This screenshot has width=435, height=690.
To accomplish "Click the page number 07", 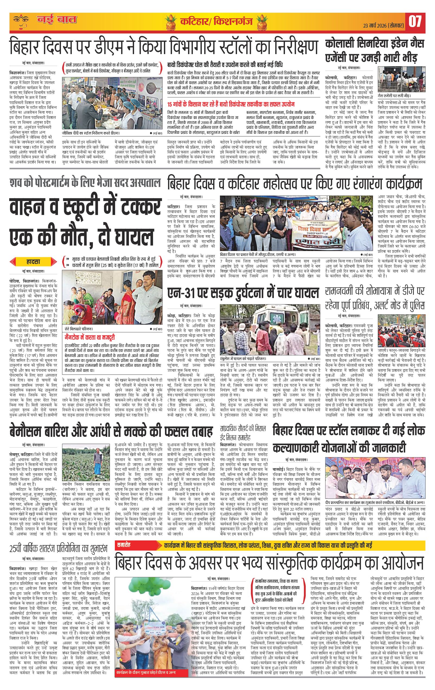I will click(415, 22).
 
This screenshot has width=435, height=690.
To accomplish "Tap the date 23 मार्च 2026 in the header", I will click(381, 25).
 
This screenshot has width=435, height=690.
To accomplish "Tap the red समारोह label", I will click(124, 544).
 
